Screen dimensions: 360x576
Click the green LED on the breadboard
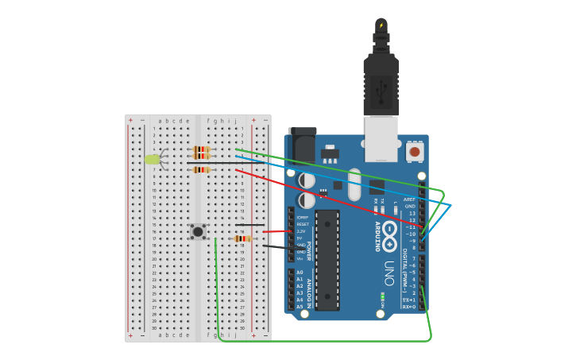point(152,159)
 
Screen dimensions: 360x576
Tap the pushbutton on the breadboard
point(198,231)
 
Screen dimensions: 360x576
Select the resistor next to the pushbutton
point(243,238)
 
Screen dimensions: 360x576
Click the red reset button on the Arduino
point(414,151)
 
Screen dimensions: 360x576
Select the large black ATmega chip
point(327,260)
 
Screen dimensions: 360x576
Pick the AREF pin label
point(409,199)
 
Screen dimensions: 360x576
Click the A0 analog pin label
point(300,273)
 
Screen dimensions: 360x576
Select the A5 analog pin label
point(300,306)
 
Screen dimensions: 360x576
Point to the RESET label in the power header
point(302,224)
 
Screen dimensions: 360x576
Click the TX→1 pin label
point(408,300)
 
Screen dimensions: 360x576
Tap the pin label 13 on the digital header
point(412,213)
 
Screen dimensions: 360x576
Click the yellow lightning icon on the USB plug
point(381,25)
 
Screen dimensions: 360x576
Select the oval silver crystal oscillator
point(354,184)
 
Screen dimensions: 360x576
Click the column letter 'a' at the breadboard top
point(160,122)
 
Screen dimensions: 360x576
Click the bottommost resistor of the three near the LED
point(201,169)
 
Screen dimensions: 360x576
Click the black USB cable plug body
point(381,83)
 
